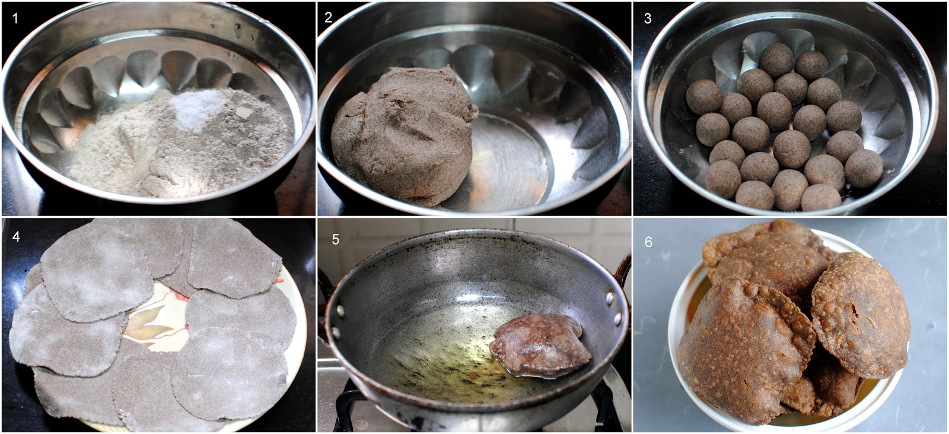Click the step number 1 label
tap(15, 18)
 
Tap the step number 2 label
tap(329, 17)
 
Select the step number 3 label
tap(648, 18)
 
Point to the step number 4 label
tap(16, 236)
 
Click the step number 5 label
tap(336, 240)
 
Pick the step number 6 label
tap(649, 242)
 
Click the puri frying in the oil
tap(540, 346)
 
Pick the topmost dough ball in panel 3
tap(776, 60)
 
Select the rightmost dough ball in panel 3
tap(864, 169)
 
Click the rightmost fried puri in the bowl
tap(860, 316)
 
